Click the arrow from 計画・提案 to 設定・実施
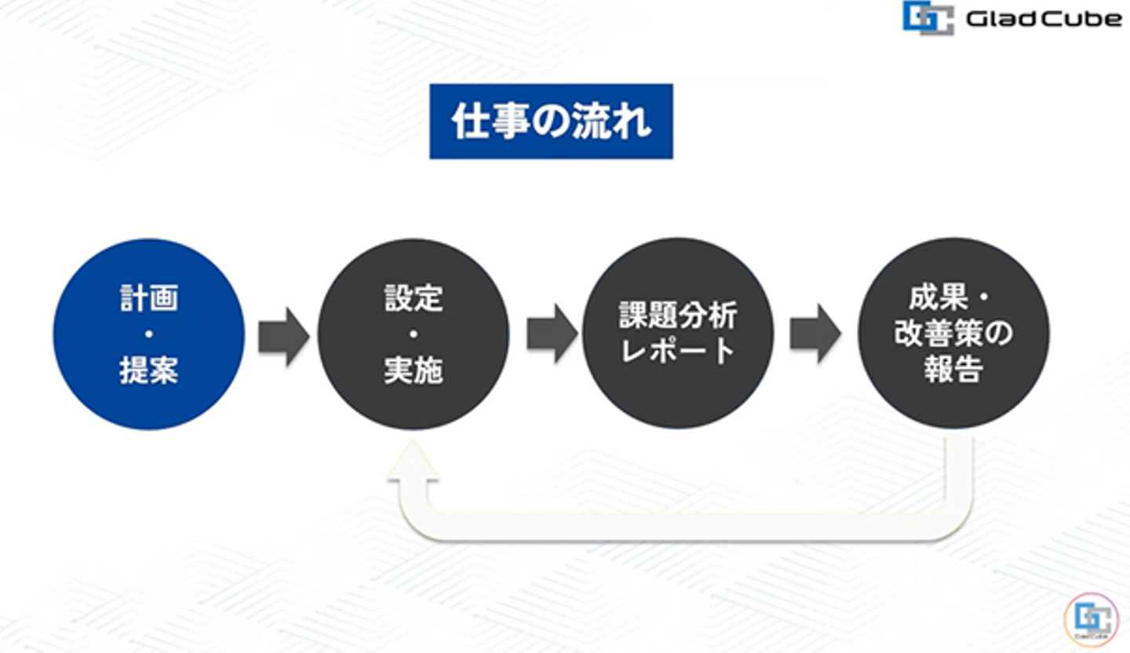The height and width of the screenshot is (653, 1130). pos(282,336)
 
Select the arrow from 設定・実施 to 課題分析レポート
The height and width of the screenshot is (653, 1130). pos(551,334)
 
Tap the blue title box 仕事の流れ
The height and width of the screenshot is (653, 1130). pos(551,122)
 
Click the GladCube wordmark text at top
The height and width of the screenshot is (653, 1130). pos(1043,18)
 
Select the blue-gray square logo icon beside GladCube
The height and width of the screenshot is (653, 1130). pos(928,17)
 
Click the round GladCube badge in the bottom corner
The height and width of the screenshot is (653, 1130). pos(1091,619)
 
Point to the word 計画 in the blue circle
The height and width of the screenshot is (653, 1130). pos(148,298)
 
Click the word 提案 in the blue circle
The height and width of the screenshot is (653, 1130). pos(148,370)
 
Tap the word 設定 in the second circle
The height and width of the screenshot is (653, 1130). pos(414,298)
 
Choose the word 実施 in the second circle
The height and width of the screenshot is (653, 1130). pos(414,370)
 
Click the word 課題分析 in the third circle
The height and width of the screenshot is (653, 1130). pos(678,316)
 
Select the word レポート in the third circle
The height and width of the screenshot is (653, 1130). pos(678,351)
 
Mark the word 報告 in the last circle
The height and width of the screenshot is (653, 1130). pos(953,369)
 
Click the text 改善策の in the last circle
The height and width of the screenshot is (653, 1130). pos(953,334)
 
